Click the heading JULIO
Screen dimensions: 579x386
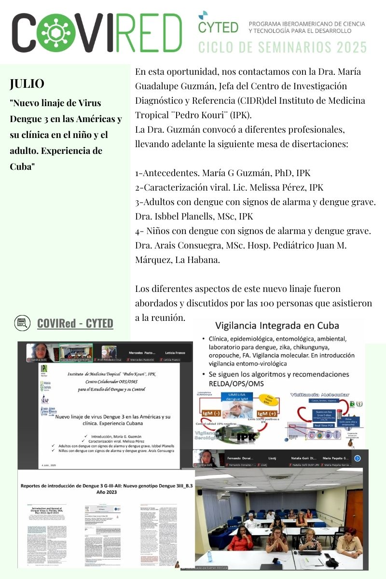[x=27, y=83]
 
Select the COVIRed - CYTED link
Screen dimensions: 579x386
[x=75, y=323]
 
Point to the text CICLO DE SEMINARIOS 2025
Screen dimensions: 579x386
[x=282, y=47]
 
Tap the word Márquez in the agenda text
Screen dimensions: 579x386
[x=154, y=260]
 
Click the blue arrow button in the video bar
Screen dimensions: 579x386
[x=358, y=458]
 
